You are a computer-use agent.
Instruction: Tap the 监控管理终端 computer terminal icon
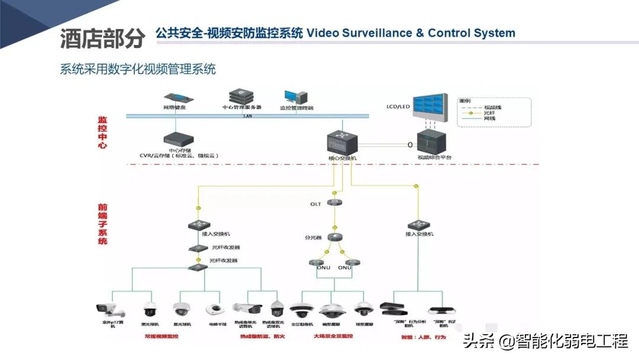click(x=296, y=98)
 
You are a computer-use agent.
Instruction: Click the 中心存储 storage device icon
click(x=179, y=140)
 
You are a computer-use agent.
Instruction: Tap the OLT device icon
click(x=335, y=203)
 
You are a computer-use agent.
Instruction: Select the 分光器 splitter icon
click(x=335, y=237)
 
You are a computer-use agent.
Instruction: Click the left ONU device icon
click(x=316, y=262)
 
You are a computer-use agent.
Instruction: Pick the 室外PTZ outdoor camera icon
click(x=110, y=310)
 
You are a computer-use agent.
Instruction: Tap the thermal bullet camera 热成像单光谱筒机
click(x=247, y=308)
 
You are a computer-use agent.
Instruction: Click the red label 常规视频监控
click(x=162, y=336)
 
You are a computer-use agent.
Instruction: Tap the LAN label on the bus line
click(x=248, y=116)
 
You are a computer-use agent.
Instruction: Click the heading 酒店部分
click(x=102, y=38)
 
